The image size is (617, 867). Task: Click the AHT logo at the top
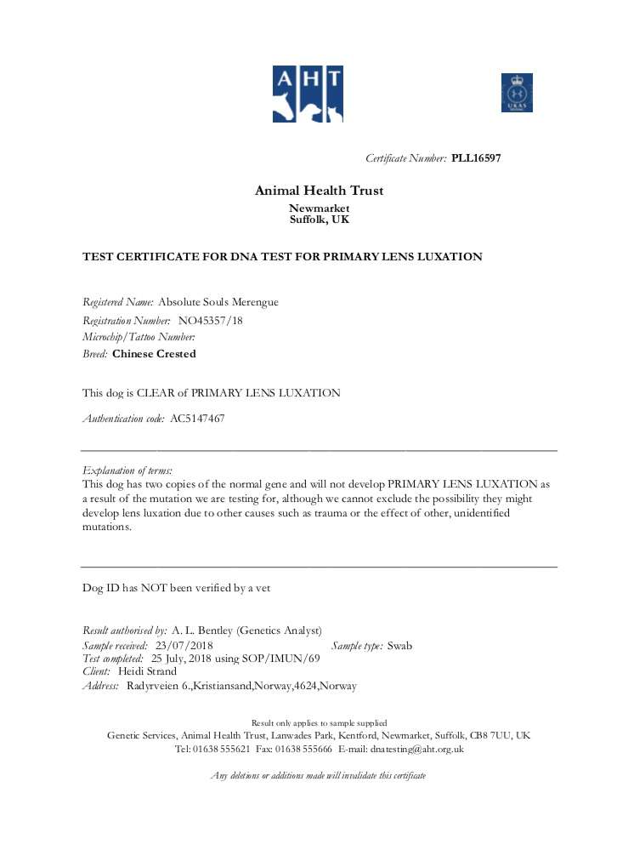tap(308, 94)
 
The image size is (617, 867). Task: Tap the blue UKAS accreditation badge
tap(516, 93)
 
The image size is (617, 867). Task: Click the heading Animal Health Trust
tap(319, 191)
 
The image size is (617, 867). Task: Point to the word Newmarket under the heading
tap(319, 208)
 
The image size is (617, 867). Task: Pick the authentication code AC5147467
tap(197, 419)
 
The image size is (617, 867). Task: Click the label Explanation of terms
tap(127, 470)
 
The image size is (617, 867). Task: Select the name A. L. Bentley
tap(201, 630)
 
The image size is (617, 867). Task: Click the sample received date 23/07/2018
tap(184, 645)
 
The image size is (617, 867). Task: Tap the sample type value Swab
tap(399, 645)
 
